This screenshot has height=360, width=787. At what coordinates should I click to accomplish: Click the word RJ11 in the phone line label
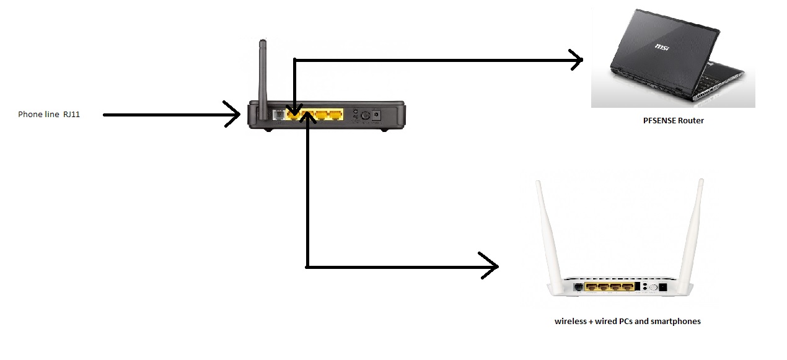tap(71, 114)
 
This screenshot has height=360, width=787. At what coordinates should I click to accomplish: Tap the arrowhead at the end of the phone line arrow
tap(234, 115)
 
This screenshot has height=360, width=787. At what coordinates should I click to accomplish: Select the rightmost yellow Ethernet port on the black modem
tap(335, 115)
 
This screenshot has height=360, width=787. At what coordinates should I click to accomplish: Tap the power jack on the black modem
tap(376, 115)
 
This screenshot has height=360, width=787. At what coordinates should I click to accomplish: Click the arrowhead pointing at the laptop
tap(577, 60)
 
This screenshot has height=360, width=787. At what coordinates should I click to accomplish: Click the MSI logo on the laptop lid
tap(664, 46)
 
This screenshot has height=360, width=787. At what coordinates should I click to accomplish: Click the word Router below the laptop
tap(692, 121)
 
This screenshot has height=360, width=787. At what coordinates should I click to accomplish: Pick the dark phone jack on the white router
tap(579, 287)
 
